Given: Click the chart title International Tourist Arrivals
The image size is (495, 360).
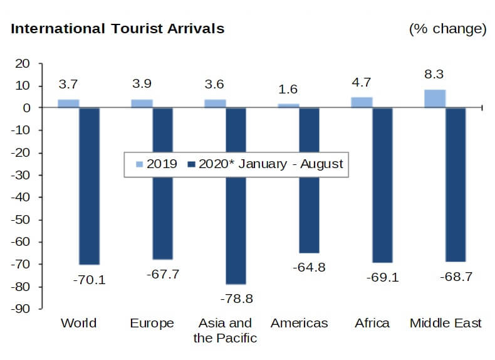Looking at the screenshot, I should tap(117, 29).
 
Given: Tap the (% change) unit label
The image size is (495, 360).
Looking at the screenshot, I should tap(447, 29).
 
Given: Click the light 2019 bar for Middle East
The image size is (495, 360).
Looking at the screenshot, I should tap(435, 98).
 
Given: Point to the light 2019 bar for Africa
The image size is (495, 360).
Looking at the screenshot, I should tap(362, 102).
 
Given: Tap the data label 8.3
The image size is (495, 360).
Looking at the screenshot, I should tap(434, 75).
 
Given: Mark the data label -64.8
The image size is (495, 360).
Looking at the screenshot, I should tap(310, 267).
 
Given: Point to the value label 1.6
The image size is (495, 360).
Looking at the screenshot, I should tap(288, 89).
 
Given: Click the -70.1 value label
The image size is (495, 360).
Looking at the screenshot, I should tap(89, 280).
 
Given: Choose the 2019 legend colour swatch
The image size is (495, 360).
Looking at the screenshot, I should tap(139, 164).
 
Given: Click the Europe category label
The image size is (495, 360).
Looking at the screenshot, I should tap(152, 324).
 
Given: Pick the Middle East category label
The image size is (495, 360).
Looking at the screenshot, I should tap(445, 324).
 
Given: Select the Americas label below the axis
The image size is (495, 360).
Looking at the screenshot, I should tap(299, 324).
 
